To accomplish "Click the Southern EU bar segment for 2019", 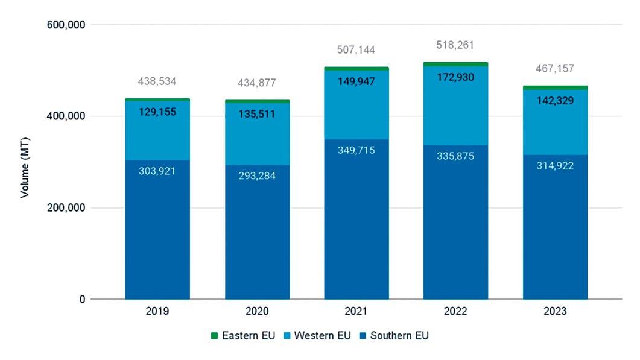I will click(157, 241).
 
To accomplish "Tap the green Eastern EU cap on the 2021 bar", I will click(356, 69).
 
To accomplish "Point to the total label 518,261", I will click(455, 44).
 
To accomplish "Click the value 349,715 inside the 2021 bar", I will click(356, 150).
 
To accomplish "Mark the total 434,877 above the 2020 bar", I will click(257, 83).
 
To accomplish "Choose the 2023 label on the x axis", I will click(554, 312).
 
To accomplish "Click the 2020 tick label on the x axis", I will click(257, 312).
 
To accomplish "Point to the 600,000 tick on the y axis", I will click(67, 25).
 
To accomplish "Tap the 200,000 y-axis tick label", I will click(67, 208).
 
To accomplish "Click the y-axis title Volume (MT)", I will click(25, 162).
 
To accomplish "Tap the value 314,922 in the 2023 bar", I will click(554, 166).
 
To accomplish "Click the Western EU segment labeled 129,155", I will click(157, 112).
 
